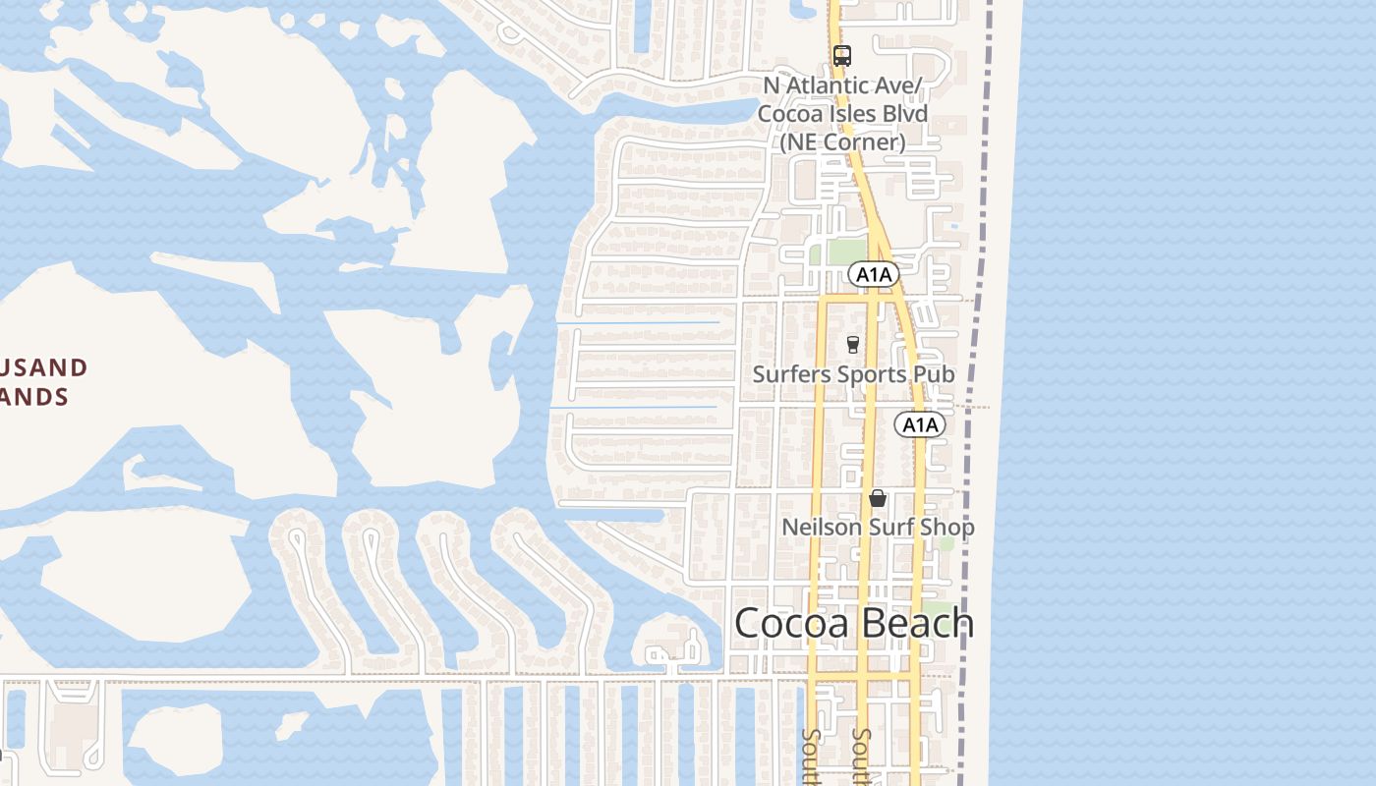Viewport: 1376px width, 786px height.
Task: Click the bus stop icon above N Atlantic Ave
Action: click(x=841, y=56)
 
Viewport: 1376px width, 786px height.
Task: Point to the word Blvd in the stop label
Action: click(x=904, y=114)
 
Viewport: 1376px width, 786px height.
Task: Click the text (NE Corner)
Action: click(x=842, y=141)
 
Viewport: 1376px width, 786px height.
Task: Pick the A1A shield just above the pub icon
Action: click(x=873, y=275)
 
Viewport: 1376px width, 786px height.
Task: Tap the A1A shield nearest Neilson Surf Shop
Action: click(x=920, y=424)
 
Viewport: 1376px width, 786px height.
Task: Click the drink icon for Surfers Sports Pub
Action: click(x=853, y=345)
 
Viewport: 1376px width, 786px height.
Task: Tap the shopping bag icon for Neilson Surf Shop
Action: click(x=878, y=499)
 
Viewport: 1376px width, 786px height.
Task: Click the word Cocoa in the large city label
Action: click(x=790, y=624)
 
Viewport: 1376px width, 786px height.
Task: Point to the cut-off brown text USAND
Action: click(x=44, y=368)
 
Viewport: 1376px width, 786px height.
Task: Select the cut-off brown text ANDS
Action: click(x=34, y=397)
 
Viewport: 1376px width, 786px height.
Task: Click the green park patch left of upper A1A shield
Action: click(x=846, y=253)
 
